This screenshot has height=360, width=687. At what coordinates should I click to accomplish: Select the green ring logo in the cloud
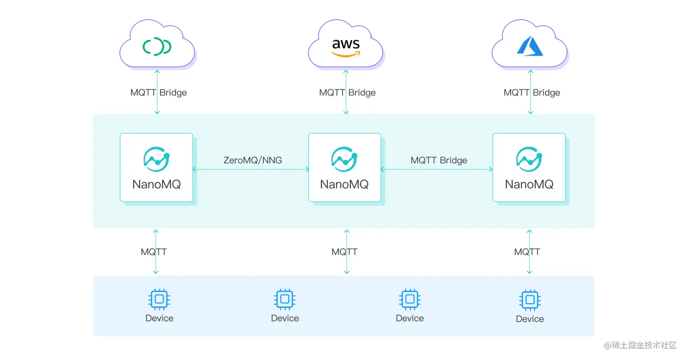157,46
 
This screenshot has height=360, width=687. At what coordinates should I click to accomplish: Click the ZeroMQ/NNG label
253,160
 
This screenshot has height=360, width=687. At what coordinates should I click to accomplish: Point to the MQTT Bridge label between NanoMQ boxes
438,160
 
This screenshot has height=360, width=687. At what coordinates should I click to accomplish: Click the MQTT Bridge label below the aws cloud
347,93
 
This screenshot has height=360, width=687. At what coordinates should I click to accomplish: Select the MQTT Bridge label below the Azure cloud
532,93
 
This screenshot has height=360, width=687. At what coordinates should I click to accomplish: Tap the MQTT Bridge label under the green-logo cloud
158,93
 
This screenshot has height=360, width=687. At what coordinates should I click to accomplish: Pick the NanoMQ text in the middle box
344,184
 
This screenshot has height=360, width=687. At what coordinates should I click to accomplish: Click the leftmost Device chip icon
159,299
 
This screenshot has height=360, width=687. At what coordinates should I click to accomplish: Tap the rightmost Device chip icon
529,300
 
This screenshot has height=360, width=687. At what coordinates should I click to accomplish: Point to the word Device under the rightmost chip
529,319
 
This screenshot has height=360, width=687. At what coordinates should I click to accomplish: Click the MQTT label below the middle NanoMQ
344,252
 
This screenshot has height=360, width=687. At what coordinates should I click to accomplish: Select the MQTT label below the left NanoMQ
154,252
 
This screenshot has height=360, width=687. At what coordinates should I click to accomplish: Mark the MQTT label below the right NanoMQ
527,252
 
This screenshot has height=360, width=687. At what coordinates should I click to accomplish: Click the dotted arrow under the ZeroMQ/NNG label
251,170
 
